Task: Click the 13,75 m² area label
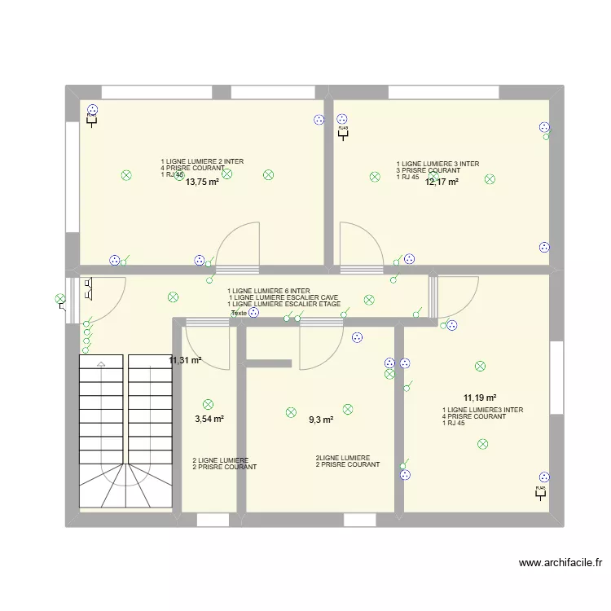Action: (202, 182)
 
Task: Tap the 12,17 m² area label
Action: (442, 182)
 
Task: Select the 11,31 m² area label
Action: (185, 360)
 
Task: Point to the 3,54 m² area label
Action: (209, 420)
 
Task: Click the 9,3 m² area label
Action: (320, 420)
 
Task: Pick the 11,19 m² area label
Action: (480, 398)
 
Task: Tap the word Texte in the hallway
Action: (239, 314)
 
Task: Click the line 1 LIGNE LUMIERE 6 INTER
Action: (269, 291)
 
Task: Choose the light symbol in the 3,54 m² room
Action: (208, 403)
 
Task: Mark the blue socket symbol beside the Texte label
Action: (254, 312)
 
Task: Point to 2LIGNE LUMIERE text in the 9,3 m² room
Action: (343, 458)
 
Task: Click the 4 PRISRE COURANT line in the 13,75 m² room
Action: (192, 168)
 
